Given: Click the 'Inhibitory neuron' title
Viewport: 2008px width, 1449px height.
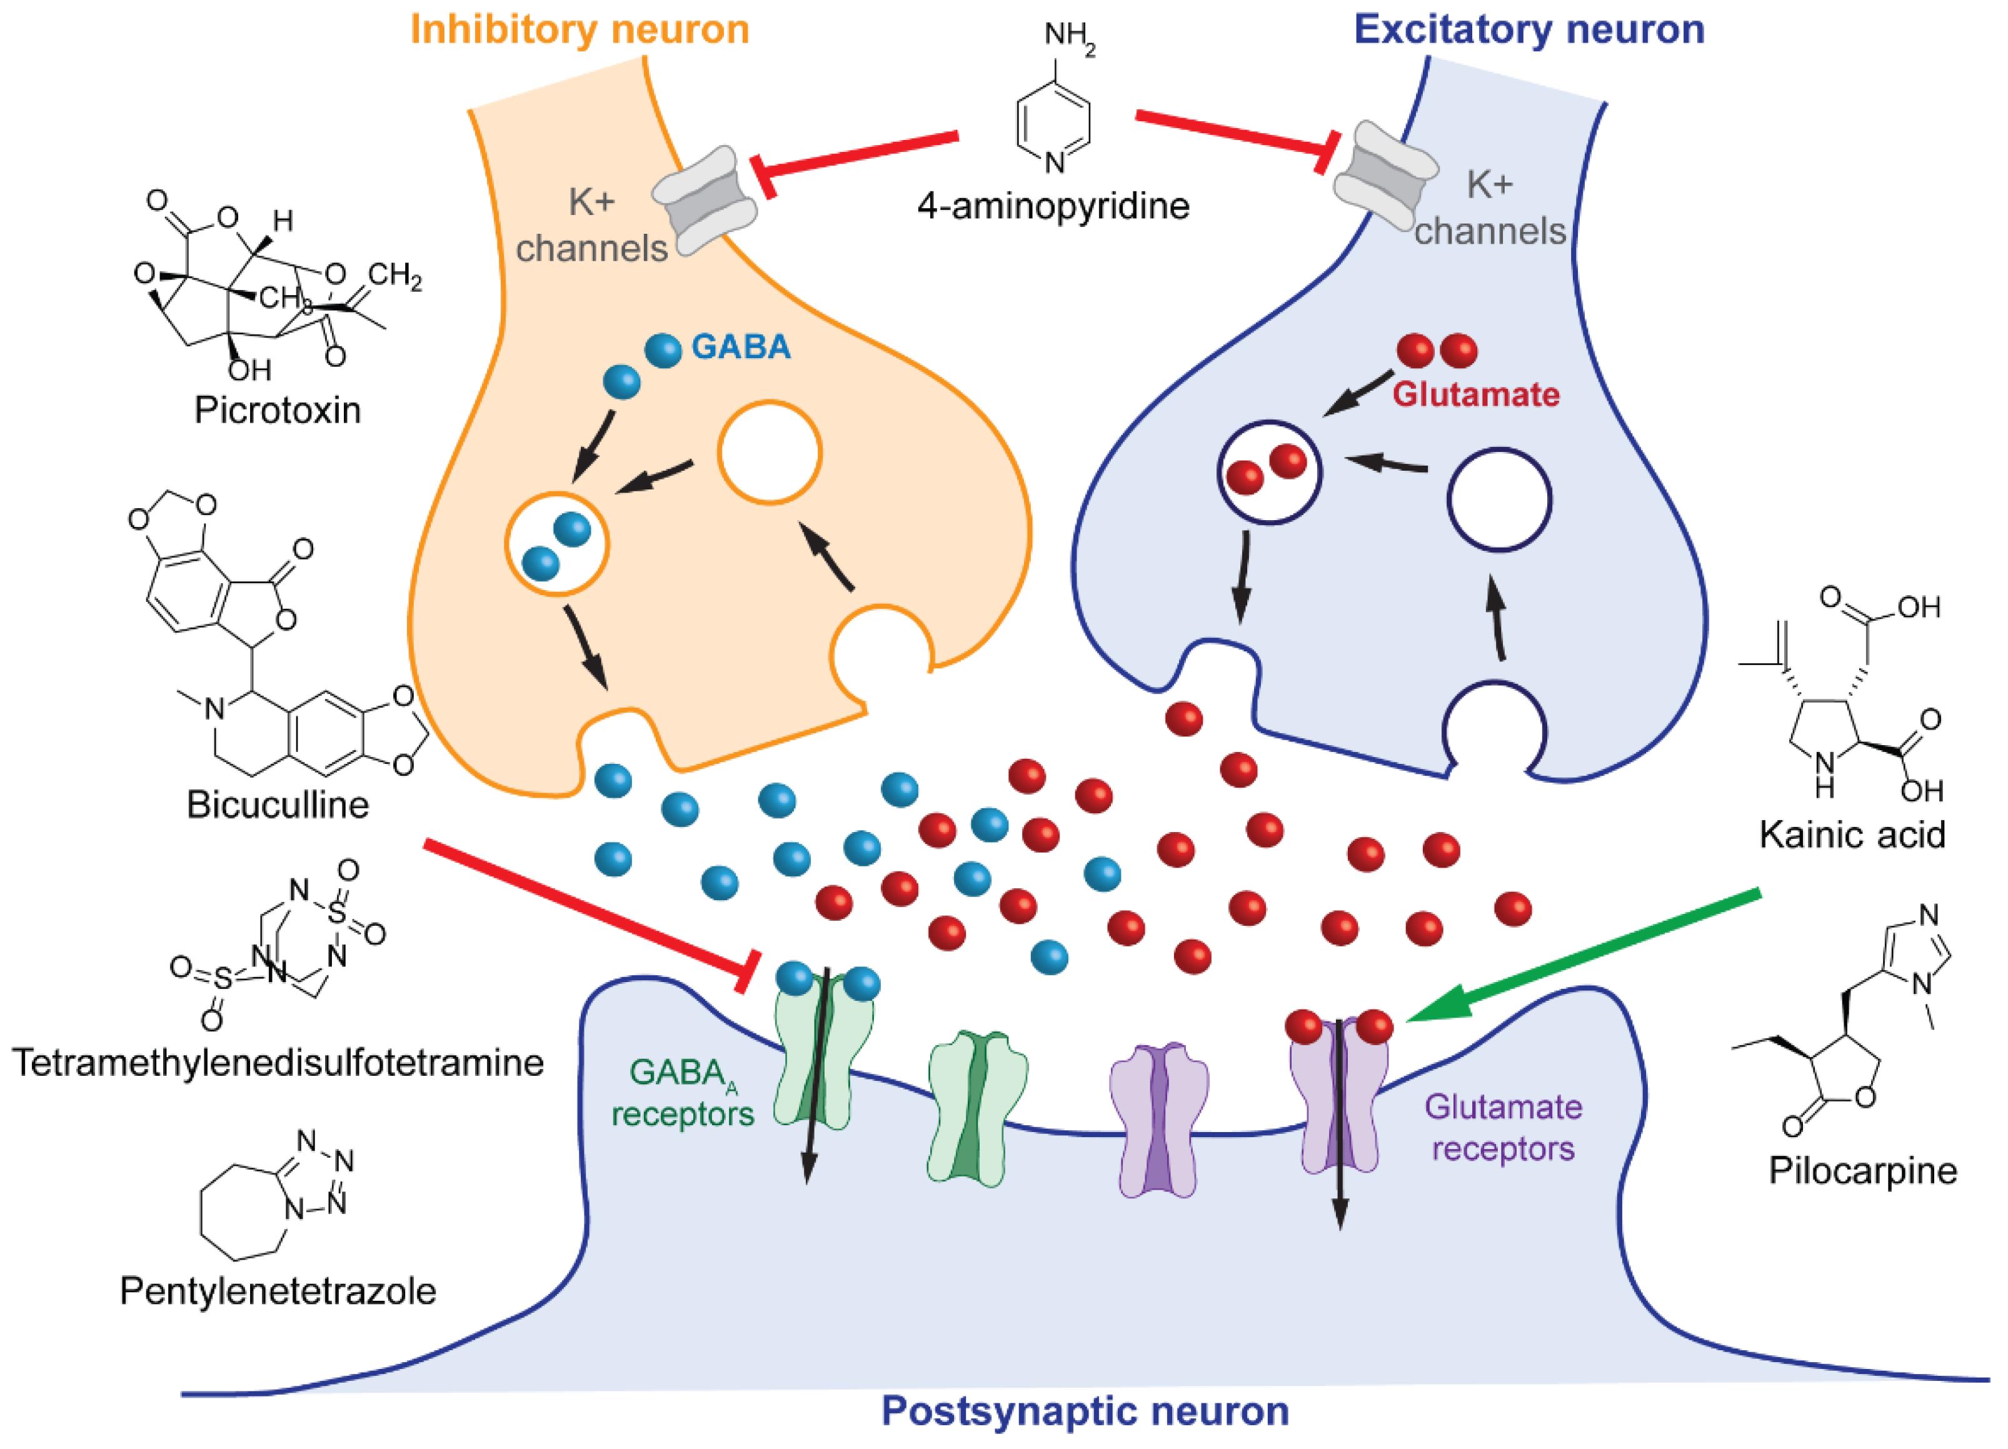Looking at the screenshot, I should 580,29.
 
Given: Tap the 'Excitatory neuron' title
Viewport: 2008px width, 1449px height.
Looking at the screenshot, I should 1529,29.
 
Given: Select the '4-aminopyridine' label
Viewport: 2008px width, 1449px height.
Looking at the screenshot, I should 1053,206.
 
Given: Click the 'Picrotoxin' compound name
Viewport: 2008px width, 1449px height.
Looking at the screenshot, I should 278,411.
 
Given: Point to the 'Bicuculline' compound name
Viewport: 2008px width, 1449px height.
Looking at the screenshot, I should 278,806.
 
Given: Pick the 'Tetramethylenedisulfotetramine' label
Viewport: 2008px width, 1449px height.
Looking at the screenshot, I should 278,1062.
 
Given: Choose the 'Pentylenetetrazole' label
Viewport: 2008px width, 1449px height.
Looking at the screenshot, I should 278,1291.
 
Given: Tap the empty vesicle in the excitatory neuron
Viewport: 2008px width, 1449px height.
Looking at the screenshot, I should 1499,500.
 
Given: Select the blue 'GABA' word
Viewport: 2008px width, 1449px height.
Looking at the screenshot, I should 741,348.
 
